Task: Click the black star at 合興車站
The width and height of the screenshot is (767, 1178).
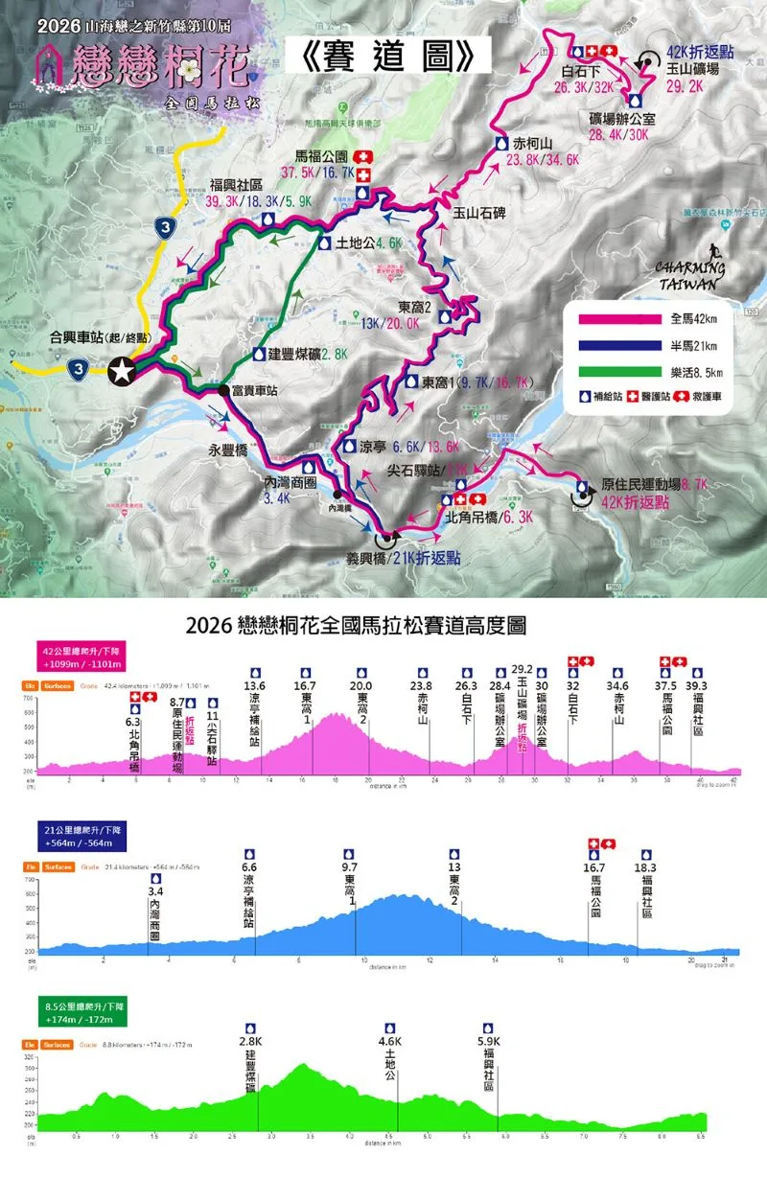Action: (122, 372)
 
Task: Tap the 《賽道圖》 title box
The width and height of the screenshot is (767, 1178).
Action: (389, 58)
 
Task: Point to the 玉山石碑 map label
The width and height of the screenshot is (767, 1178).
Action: (478, 213)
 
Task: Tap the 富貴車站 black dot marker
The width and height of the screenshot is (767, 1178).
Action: (224, 390)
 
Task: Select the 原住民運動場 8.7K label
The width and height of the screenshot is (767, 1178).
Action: (641, 486)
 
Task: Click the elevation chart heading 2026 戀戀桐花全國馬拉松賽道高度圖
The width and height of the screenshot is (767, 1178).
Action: (383, 626)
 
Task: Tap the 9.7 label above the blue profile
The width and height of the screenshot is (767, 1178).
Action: (354, 867)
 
